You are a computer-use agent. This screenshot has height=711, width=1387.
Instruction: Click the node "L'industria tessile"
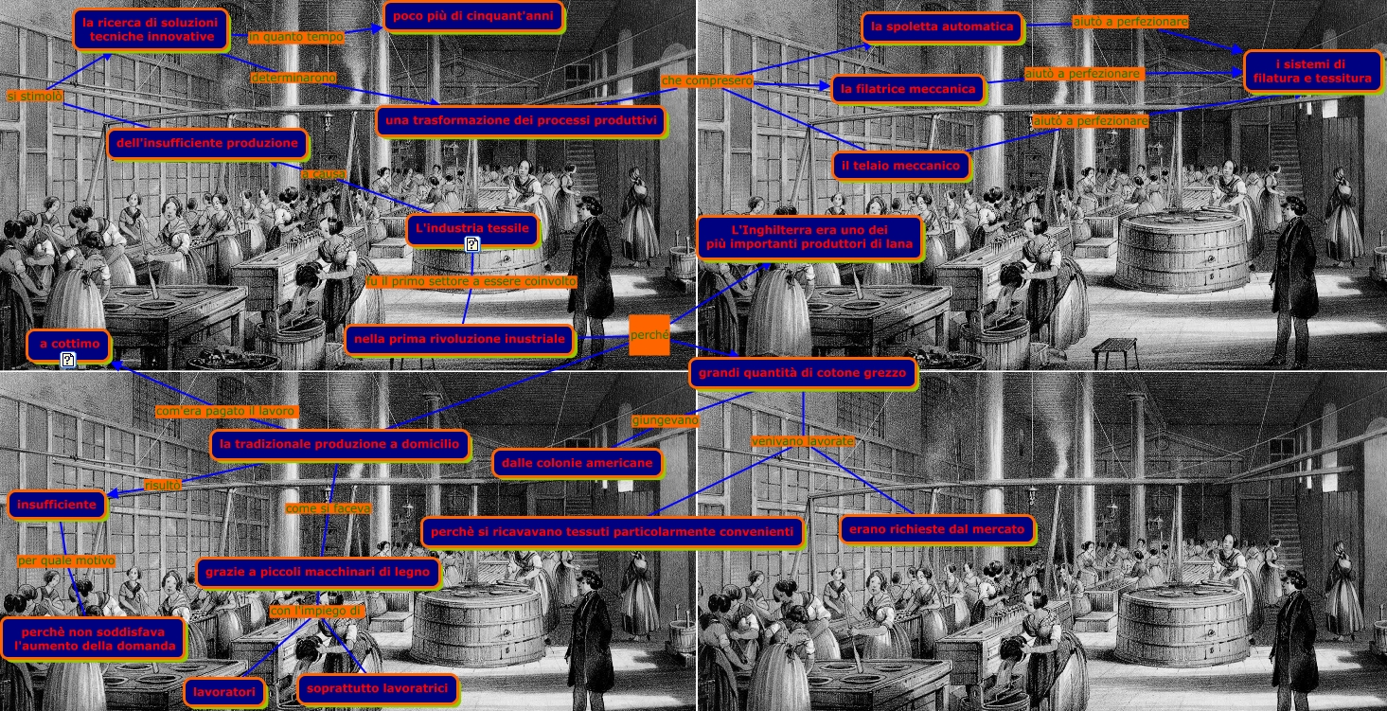click(473, 228)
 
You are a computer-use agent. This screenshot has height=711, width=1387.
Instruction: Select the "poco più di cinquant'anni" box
click(472, 16)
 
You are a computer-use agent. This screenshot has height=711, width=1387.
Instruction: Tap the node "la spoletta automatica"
click(942, 27)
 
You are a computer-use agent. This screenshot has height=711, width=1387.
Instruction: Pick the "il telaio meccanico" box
click(902, 167)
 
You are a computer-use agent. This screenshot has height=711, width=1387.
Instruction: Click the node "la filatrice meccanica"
click(908, 89)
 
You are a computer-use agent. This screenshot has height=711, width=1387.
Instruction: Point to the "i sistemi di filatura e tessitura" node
click(1310, 71)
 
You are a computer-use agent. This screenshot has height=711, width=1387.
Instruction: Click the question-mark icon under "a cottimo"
click(68, 360)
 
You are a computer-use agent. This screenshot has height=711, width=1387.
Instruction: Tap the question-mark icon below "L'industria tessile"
click(472, 245)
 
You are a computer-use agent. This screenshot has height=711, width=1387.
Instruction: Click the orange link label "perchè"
click(649, 335)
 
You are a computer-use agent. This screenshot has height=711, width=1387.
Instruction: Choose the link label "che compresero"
click(706, 81)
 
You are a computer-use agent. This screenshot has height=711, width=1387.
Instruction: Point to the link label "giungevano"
click(665, 419)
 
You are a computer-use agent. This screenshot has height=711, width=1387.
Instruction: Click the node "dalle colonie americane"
click(577, 463)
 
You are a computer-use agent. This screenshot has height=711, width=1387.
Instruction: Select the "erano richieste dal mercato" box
click(935, 529)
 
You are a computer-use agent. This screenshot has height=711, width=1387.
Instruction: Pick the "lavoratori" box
click(224, 693)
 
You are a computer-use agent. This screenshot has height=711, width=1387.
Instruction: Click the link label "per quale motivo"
click(66, 561)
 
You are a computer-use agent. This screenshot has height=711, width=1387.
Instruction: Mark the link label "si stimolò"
click(35, 97)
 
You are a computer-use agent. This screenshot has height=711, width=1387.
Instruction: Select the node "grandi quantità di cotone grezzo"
click(803, 373)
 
